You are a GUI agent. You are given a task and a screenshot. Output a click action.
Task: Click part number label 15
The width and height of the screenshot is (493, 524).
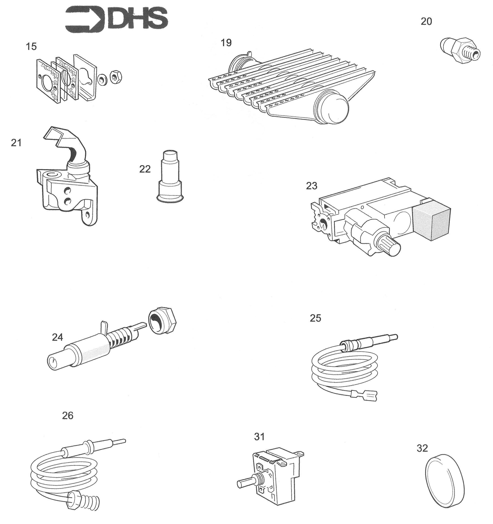31,47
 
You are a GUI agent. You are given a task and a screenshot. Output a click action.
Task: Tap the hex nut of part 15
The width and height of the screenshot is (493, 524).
115,77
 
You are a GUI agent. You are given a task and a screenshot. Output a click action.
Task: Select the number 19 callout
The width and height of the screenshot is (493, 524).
226,42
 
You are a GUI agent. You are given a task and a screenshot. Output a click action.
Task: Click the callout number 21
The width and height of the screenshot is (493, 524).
16,143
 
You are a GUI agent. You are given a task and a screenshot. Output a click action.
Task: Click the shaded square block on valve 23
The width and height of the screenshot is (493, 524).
431,221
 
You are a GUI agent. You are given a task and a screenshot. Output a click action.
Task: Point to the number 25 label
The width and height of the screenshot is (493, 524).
315,318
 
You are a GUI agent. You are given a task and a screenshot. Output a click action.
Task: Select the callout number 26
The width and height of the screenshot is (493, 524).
67,416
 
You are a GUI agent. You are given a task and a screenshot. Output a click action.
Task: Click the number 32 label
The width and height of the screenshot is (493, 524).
422,448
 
